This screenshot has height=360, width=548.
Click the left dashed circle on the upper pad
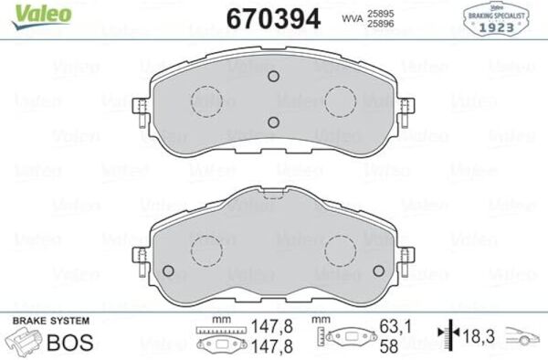tap(207, 101)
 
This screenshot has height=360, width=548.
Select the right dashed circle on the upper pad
tap(341, 101)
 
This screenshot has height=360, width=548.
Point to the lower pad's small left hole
tap(169, 271)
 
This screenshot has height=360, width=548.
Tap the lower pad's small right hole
tap(378, 271)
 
